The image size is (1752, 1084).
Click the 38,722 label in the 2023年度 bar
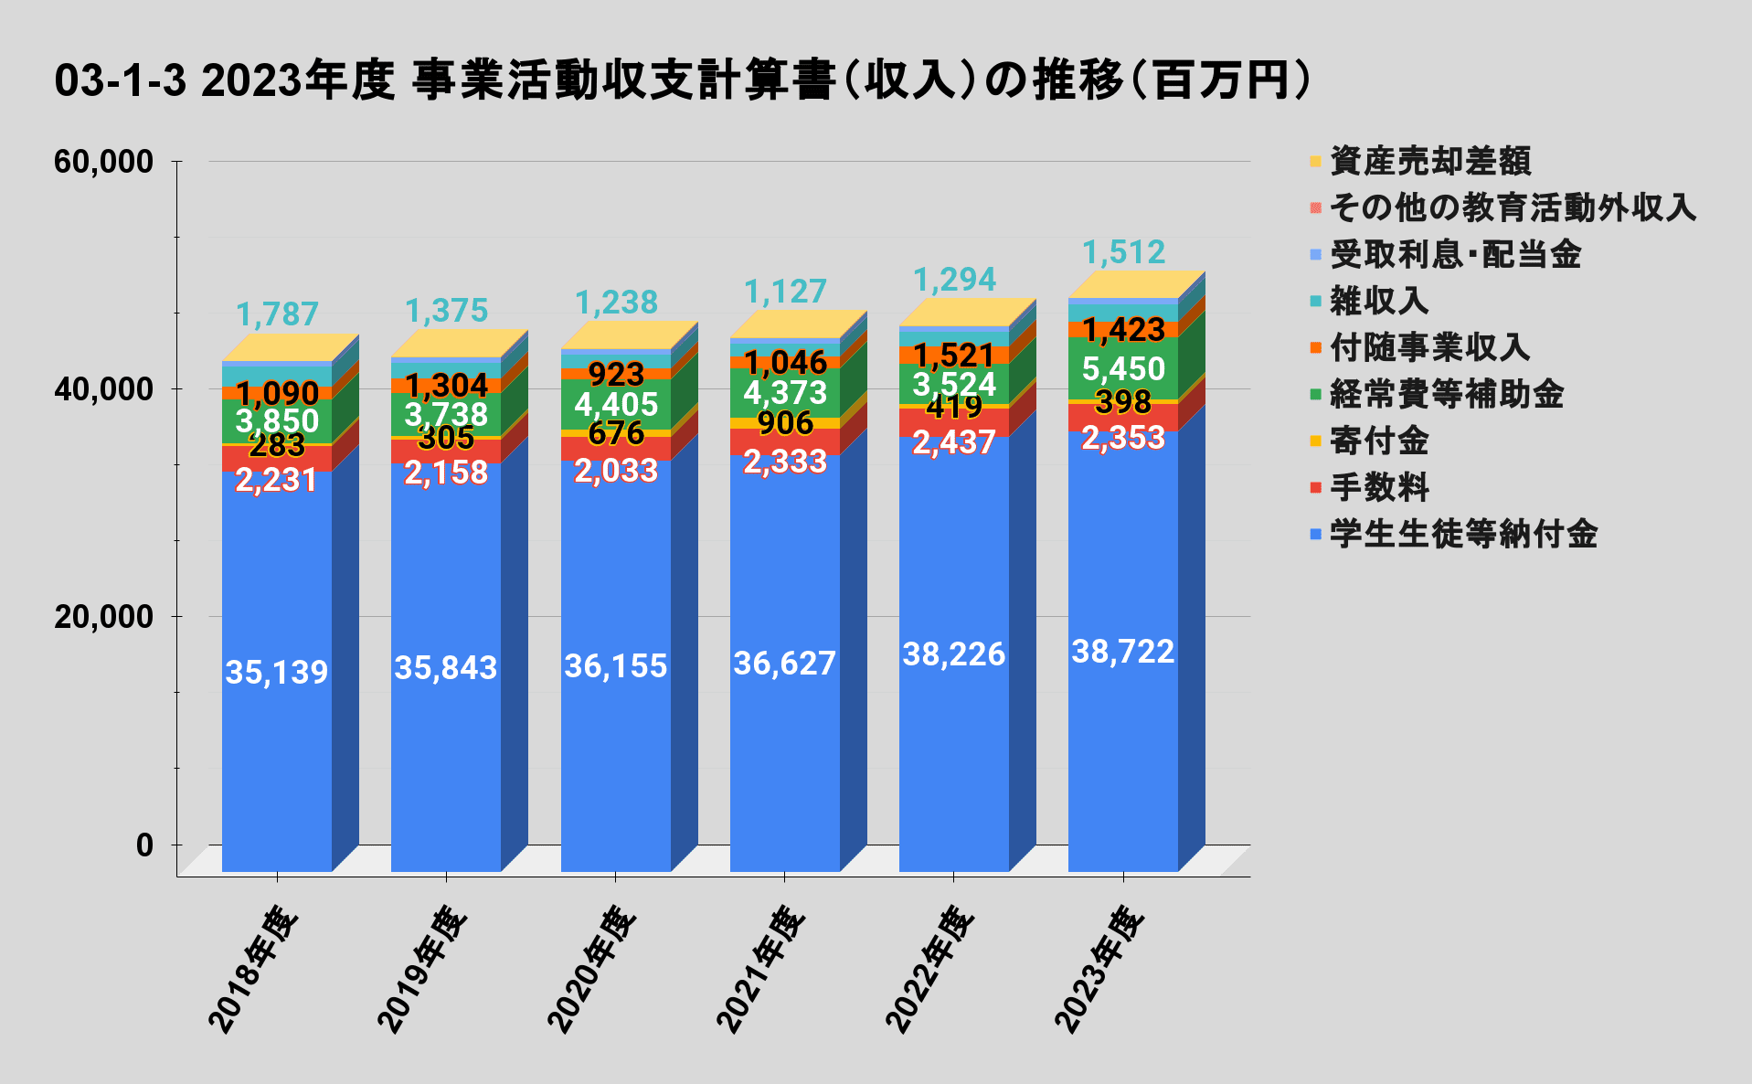click(x=1122, y=652)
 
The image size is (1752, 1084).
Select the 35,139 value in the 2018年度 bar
click(x=276, y=672)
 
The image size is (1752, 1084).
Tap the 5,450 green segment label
click(x=1123, y=368)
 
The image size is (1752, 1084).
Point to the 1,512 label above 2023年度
click(x=1123, y=252)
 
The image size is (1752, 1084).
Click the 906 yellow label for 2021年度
click(x=785, y=422)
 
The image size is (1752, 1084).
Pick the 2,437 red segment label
click(x=953, y=442)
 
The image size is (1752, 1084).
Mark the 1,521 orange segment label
click(x=953, y=355)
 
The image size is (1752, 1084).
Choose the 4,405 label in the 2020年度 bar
click(x=615, y=404)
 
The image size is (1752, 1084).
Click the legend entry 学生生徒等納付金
click(x=1462, y=534)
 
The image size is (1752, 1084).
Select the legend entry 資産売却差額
click(x=1429, y=161)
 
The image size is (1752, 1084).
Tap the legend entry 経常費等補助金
click(x=1446, y=394)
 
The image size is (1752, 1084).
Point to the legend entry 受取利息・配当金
click(x=1454, y=254)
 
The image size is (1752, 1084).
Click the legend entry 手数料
click(x=1379, y=487)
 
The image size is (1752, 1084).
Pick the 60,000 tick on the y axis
click(x=103, y=162)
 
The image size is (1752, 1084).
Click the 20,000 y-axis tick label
click(x=103, y=616)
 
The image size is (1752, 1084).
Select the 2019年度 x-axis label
click(x=422, y=969)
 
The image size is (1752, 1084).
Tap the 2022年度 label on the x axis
click(x=930, y=969)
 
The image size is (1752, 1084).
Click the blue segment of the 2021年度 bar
click(x=784, y=731)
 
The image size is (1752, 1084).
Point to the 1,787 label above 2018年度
click(x=277, y=314)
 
